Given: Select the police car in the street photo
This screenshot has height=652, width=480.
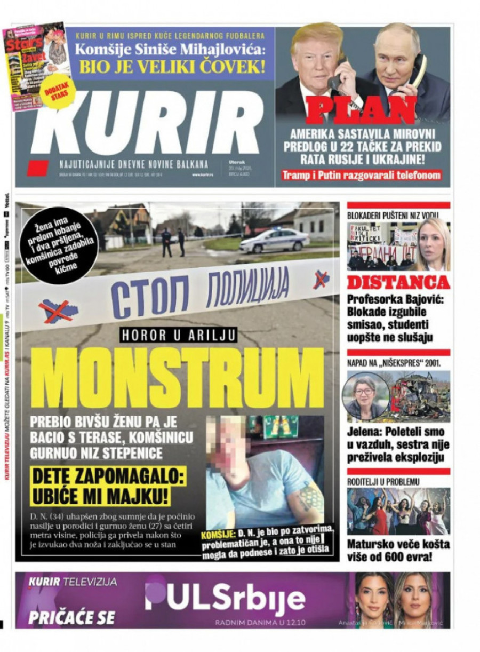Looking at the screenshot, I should pos(274,241).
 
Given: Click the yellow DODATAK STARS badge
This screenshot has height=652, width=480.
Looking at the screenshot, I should pos(56,97).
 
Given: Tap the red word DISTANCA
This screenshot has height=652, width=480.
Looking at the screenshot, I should pos(398,282).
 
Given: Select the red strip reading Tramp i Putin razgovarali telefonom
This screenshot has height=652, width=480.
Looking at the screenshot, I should pos(362,175).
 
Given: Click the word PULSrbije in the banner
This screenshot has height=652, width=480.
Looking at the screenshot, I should pos(225,597).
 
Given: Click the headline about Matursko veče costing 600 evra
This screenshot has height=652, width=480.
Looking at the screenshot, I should pos(398,551).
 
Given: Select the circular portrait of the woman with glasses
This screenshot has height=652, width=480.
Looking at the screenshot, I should pos(365,396).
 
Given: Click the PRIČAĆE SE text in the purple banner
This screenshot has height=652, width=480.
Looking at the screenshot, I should pos(71,617).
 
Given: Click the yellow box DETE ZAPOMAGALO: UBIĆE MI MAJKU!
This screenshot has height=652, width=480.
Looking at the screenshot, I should pos(100,487).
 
